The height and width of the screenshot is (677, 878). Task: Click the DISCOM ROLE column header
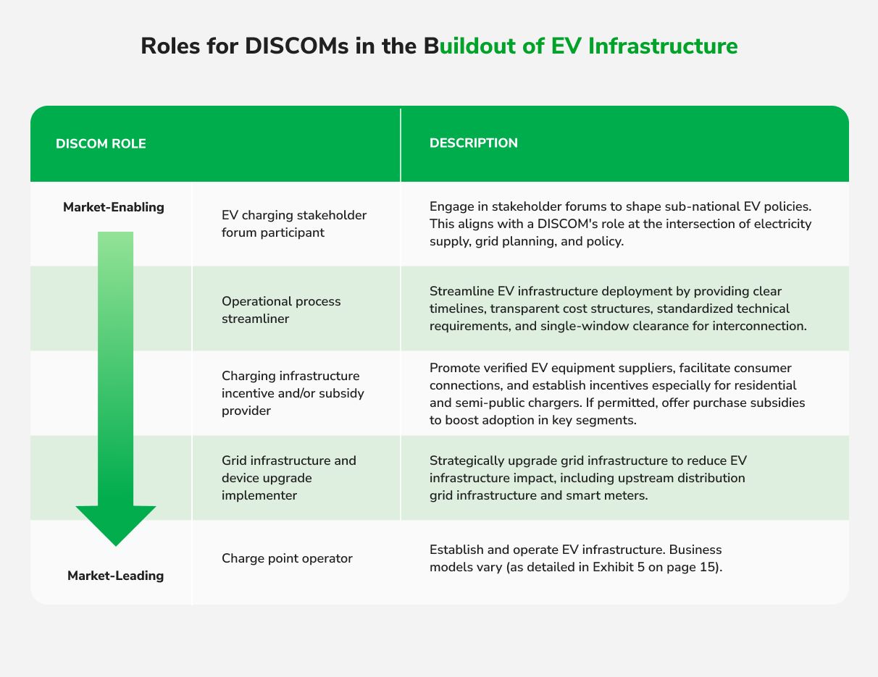(101, 143)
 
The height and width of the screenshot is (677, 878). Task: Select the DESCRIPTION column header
(474, 143)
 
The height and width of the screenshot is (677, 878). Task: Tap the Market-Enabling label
(114, 207)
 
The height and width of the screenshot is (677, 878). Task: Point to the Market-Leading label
(116, 576)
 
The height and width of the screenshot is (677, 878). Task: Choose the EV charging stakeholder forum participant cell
(294, 224)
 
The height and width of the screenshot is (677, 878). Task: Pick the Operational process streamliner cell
(281, 309)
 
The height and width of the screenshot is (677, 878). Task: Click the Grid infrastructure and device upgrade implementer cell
(289, 478)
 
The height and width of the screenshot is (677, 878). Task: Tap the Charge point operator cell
(287, 558)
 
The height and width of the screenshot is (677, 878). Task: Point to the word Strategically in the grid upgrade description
(466, 461)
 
